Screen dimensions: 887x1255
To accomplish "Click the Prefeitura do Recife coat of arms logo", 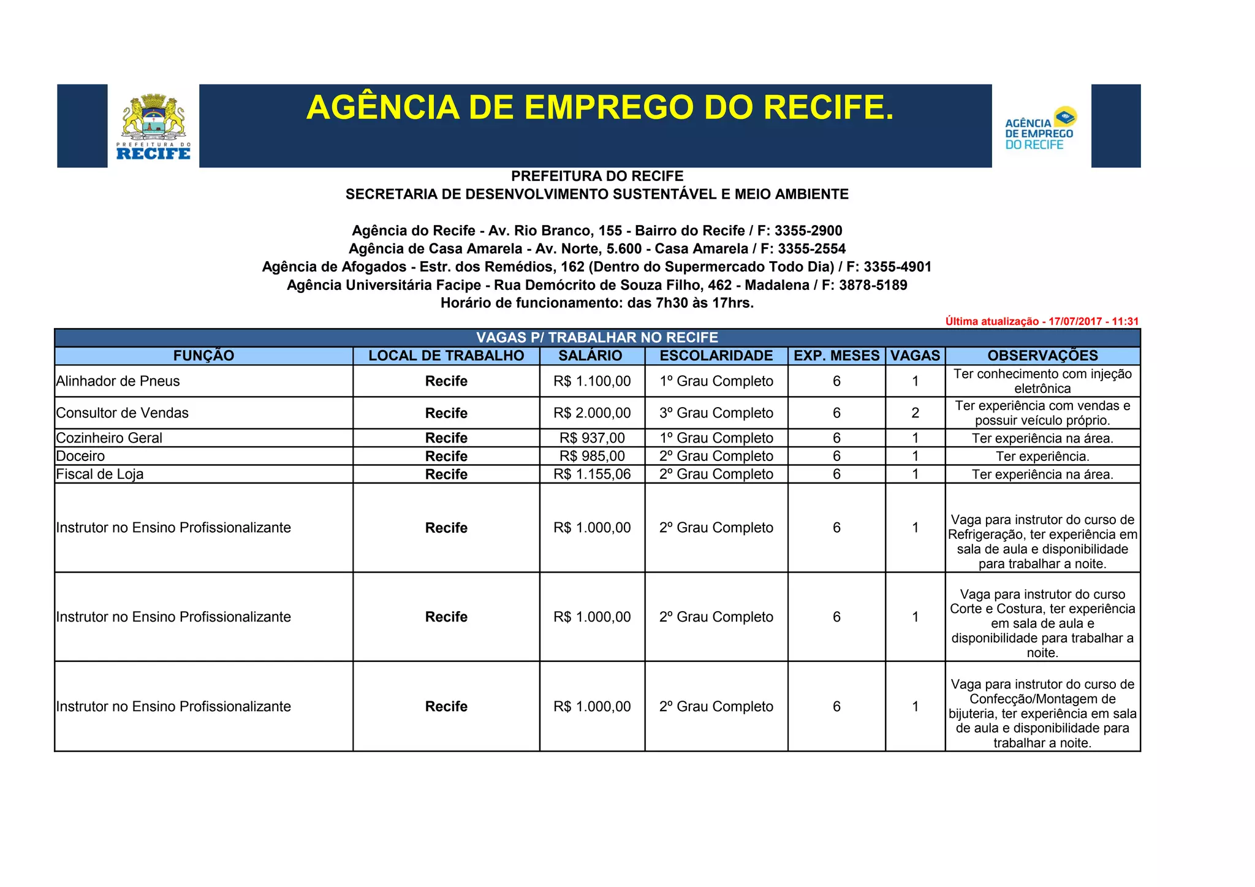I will point(153,126).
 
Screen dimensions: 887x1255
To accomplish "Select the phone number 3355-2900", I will point(808,231).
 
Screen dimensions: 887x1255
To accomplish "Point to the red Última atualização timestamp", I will point(1041,321).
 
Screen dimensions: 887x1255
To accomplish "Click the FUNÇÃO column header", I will point(203,356).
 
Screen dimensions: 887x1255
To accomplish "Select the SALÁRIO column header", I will point(590,356).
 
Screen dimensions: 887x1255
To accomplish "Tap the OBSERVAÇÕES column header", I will point(1042,356).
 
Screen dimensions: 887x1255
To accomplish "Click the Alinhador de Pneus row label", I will point(118,381).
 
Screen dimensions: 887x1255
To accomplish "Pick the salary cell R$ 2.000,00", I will point(592,413).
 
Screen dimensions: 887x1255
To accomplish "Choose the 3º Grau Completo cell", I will point(716,413).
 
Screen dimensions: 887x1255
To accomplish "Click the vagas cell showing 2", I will point(915,413).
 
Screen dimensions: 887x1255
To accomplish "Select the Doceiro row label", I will point(80,456).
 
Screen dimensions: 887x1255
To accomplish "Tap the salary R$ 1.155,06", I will point(592,474).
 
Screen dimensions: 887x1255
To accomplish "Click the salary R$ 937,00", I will point(592,438).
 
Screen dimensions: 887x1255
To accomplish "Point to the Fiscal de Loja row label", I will point(99,474).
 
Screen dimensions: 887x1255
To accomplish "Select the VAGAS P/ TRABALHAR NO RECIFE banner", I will point(597,338).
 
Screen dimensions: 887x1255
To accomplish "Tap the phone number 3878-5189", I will point(873,286).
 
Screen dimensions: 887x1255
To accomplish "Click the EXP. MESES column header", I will point(836,356).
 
